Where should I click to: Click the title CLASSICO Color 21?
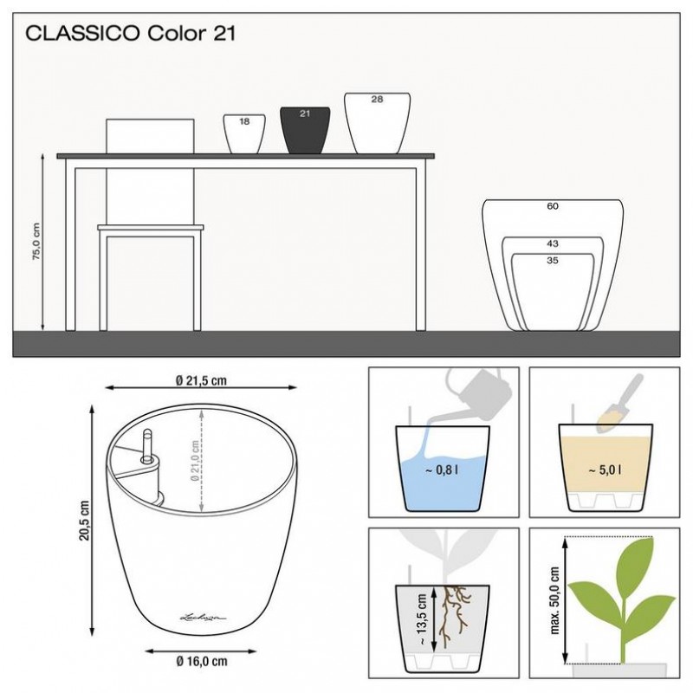[131, 34]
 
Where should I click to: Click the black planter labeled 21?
[305, 131]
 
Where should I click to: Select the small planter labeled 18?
[244, 134]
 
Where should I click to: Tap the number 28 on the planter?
[377, 99]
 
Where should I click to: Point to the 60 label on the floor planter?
[553, 206]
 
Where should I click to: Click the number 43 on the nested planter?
[553, 243]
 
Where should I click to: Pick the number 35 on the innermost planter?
[553, 261]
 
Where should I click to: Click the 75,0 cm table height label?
[36, 242]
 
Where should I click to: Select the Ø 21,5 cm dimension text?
[201, 380]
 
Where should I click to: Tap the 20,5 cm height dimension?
[84, 521]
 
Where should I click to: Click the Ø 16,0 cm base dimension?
[201, 661]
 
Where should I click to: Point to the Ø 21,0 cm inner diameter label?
[195, 461]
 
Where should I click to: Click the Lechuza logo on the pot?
[203, 617]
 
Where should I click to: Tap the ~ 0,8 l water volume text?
[442, 470]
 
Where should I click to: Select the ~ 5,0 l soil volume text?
[605, 470]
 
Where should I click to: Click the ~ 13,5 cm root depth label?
[421, 619]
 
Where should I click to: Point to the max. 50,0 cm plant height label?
[554, 601]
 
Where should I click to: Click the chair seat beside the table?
[150, 228]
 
